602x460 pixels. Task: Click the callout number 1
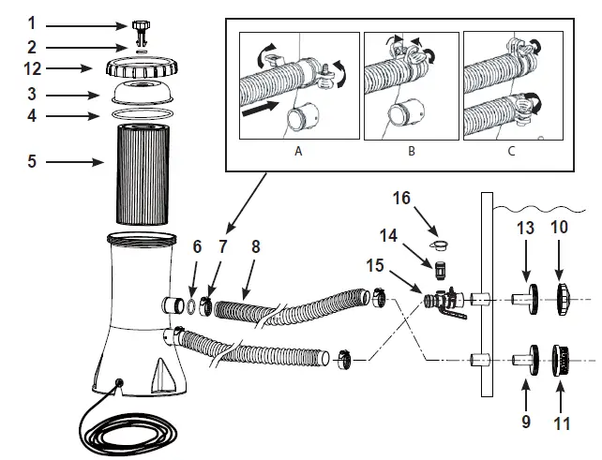(30, 22)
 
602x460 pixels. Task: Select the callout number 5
(31, 162)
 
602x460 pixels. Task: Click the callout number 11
(562, 423)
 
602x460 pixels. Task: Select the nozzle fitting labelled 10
(563, 297)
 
